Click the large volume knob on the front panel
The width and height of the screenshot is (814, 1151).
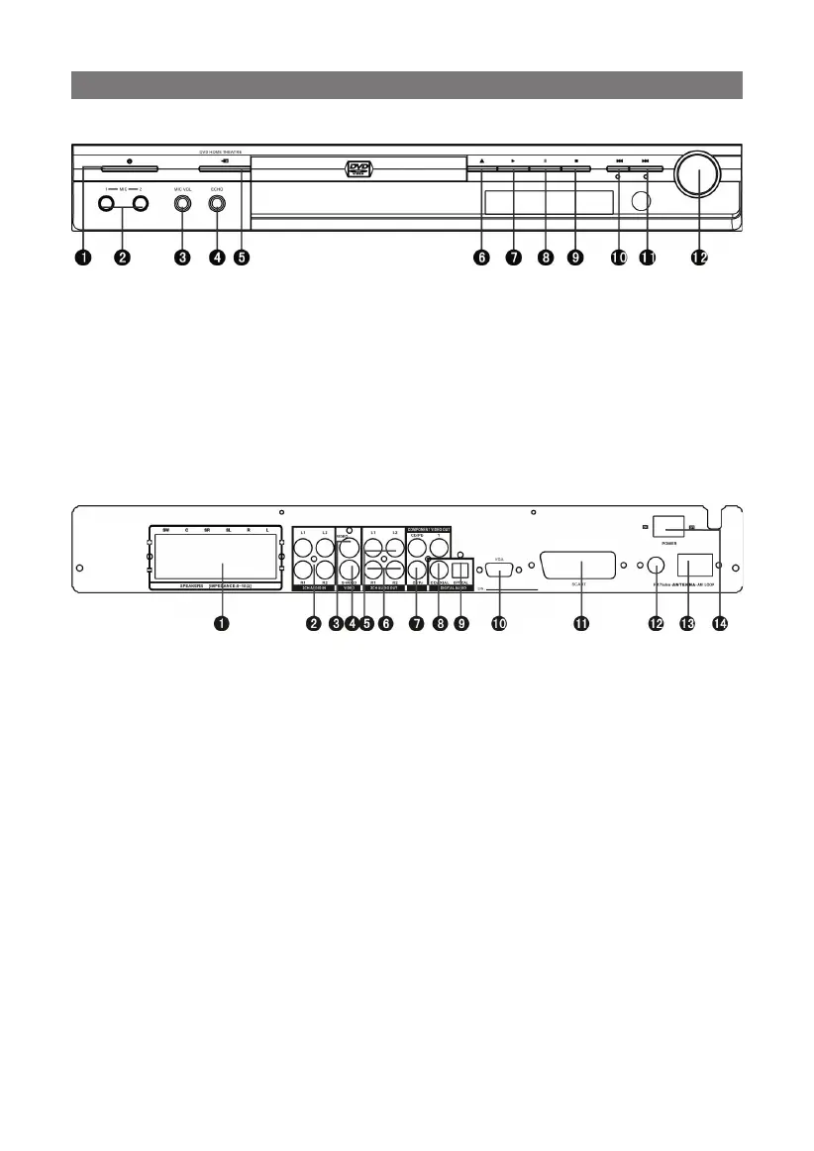699,176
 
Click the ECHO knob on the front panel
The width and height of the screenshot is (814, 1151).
217,205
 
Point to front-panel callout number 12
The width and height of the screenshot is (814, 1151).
699,258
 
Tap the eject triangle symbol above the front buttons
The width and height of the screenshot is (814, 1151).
481,160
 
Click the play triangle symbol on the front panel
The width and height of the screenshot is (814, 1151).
513,160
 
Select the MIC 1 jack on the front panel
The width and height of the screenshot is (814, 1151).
105,205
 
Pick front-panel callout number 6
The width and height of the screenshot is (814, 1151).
481,258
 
